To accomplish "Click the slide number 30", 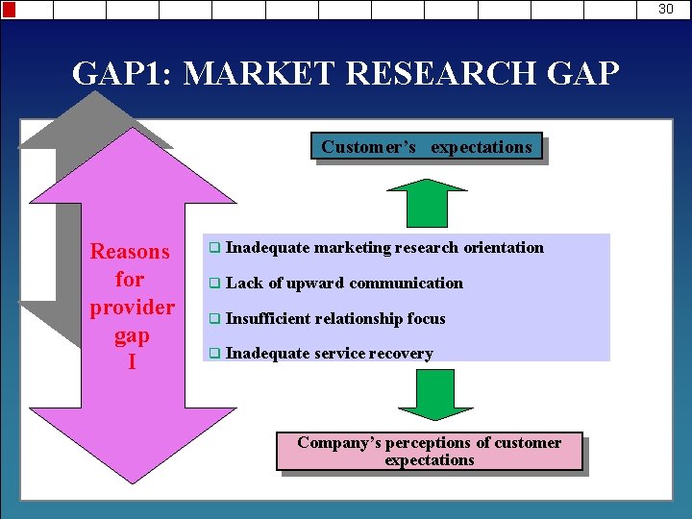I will tap(666, 9).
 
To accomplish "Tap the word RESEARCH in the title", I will tap(415, 73).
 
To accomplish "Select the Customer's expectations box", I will tap(427, 146).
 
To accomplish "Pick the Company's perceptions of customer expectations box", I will tap(429, 451).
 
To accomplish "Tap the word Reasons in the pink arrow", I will tap(130, 252).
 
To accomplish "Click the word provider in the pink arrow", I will tap(132, 308).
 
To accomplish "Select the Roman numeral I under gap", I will tap(132, 363).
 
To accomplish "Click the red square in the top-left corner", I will tap(9, 10).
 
